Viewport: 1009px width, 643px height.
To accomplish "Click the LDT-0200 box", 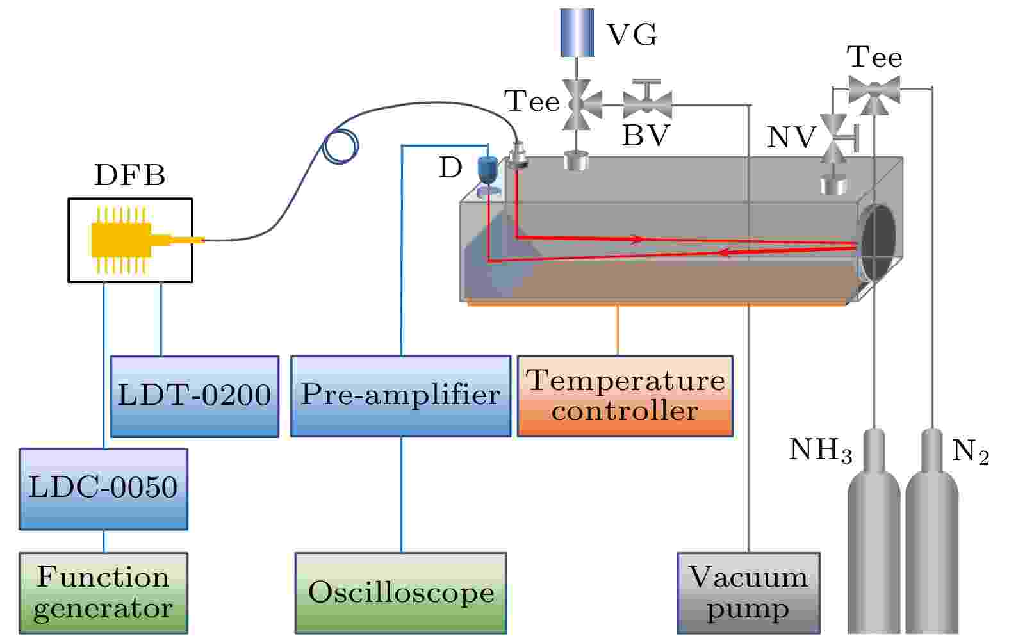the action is pyautogui.click(x=195, y=396).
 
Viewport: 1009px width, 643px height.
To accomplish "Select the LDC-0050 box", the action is pyautogui.click(x=104, y=489).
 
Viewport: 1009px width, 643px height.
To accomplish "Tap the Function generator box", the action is pyautogui.click(x=104, y=593).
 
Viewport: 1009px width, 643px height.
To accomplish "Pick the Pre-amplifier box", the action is pyautogui.click(x=401, y=396).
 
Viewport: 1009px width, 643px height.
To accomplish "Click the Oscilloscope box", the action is pyautogui.click(x=401, y=593).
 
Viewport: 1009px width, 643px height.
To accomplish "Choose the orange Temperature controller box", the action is pyautogui.click(x=625, y=396).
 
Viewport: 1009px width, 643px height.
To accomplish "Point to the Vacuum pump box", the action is pyautogui.click(x=749, y=593).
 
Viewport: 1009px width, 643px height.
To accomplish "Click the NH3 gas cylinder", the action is pyautogui.click(x=874, y=532).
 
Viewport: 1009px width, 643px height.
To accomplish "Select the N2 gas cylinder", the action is pyautogui.click(x=932, y=532).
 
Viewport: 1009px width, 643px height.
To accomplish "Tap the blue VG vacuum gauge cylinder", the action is pyautogui.click(x=577, y=33).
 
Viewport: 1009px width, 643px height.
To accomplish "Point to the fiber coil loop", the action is pyautogui.click(x=341, y=147).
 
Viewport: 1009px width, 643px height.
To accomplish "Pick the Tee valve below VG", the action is pyautogui.click(x=580, y=104).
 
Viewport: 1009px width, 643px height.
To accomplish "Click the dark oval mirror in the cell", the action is pyautogui.click(x=878, y=243).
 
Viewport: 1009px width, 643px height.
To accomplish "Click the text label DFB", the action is pyautogui.click(x=129, y=175).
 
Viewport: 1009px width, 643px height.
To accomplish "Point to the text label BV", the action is pyautogui.click(x=646, y=135).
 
